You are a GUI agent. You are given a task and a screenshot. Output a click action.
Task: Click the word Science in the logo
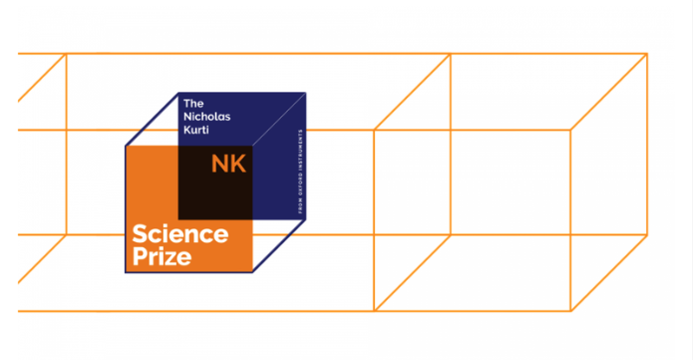click(180, 235)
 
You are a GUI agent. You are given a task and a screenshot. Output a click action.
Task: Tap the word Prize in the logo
click(162, 256)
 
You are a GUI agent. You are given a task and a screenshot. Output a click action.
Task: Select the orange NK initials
click(227, 165)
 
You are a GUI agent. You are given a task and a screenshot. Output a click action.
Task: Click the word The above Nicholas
click(193, 102)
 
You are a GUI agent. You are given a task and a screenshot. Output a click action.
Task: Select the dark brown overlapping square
click(216, 182)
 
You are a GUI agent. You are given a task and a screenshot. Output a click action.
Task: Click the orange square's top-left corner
click(125, 146)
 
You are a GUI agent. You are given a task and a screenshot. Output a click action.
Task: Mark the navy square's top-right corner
click(306, 93)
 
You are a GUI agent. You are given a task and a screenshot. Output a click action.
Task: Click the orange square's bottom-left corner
click(125, 273)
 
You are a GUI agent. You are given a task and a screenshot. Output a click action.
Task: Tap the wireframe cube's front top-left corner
click(375, 130)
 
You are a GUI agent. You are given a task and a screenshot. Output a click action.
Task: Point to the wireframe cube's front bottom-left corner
click(375, 310)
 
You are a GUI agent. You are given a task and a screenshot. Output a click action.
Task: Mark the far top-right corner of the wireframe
click(647, 54)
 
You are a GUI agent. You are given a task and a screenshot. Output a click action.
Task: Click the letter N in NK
click(218, 165)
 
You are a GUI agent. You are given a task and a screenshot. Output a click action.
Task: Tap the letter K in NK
click(237, 165)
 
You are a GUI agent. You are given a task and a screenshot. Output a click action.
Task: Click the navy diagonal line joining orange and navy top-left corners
click(152, 120)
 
